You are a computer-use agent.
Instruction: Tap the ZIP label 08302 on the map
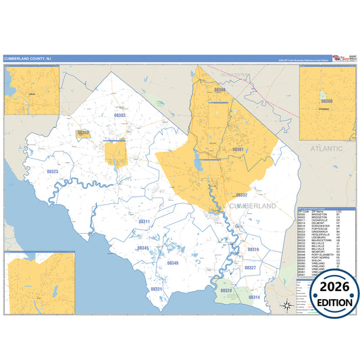click(120, 115)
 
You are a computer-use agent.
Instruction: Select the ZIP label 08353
click(83, 133)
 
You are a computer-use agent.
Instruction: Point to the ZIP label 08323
click(53, 172)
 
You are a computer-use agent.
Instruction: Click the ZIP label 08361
click(237, 149)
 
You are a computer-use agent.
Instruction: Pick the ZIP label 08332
click(241, 195)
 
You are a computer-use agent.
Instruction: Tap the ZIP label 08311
click(144, 222)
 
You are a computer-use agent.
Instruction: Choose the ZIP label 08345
click(143, 248)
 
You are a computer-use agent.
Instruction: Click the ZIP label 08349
click(173, 263)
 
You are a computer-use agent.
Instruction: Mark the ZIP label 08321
click(156, 288)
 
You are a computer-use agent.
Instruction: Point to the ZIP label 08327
click(249, 268)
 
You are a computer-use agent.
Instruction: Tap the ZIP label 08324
click(226, 290)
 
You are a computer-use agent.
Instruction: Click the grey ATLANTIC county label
click(322, 147)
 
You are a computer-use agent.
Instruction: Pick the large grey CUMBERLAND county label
click(253, 205)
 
